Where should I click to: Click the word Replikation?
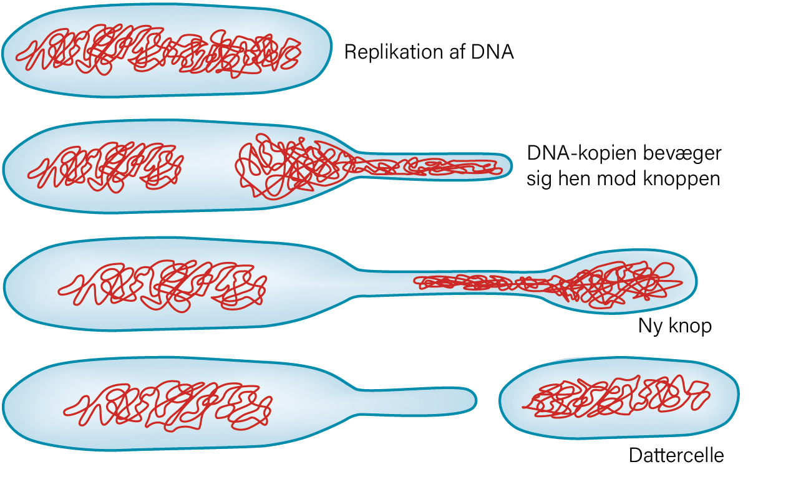[394, 52]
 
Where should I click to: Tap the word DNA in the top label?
[492, 52]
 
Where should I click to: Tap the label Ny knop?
[675, 326]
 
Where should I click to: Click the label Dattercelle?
[676, 456]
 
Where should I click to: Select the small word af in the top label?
[457, 52]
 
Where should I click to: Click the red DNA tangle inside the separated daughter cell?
[616, 397]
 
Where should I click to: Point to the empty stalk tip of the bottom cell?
[467, 400]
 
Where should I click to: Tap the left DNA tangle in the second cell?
[105, 167]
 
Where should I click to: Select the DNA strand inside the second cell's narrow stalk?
[427, 166]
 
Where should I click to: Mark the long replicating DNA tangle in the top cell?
[158, 51]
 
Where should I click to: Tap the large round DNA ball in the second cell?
[289, 166]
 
